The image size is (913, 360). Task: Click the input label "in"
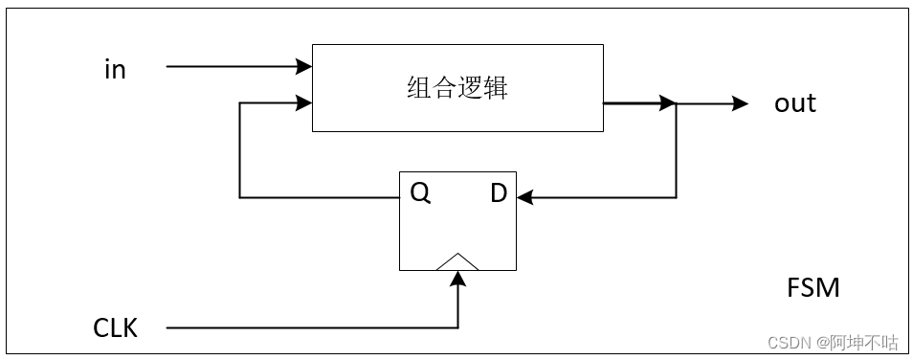pyautogui.click(x=115, y=70)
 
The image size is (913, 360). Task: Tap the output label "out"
pyautogui.click(x=794, y=103)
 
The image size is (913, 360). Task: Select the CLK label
pyautogui.click(x=115, y=328)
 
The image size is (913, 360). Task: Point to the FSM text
pyautogui.click(x=813, y=287)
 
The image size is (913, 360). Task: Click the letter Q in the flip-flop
pyautogui.click(x=420, y=193)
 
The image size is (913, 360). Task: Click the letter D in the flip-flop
pyautogui.click(x=498, y=193)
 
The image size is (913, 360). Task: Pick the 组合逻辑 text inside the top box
pyautogui.click(x=456, y=89)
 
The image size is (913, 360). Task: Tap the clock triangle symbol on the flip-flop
pyautogui.click(x=457, y=261)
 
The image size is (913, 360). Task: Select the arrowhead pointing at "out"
pyautogui.click(x=740, y=103)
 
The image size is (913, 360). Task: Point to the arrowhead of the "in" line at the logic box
pyautogui.click(x=305, y=67)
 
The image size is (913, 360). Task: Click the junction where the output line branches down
pyautogui.click(x=677, y=103)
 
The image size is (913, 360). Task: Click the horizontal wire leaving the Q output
pyautogui.click(x=321, y=197)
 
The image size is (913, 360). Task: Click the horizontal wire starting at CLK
pyautogui.click(x=306, y=328)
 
